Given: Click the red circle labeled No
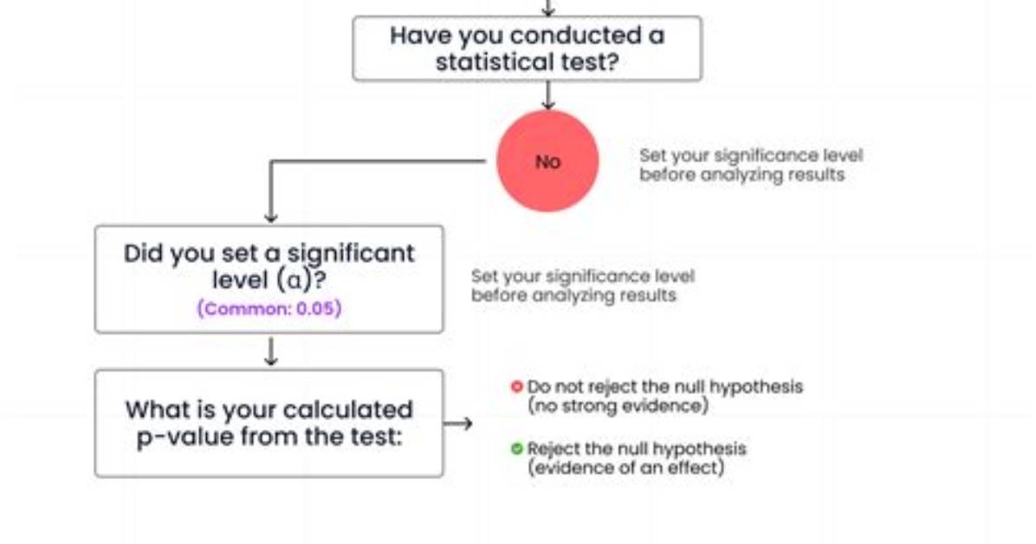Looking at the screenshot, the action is click(x=547, y=160).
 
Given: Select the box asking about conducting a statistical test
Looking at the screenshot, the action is click(x=528, y=49).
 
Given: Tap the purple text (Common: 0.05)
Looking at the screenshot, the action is click(x=269, y=308).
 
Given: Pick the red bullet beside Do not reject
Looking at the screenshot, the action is click(x=516, y=386).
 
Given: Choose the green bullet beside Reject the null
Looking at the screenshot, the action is click(x=516, y=449).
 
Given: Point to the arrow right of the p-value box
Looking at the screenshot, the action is click(x=458, y=424).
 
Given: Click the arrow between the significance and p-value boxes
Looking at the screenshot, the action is click(x=270, y=351).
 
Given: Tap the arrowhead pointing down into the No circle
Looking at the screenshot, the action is click(x=547, y=105).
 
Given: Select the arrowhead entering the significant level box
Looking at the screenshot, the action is click(x=270, y=217).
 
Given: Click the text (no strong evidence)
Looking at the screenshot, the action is click(x=618, y=405).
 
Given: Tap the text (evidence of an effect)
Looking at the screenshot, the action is click(x=625, y=467).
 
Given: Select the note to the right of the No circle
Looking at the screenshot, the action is click(x=750, y=165).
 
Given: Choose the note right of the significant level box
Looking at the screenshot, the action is click(x=583, y=286).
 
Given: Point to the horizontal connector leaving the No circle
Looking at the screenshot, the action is click(x=378, y=160).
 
